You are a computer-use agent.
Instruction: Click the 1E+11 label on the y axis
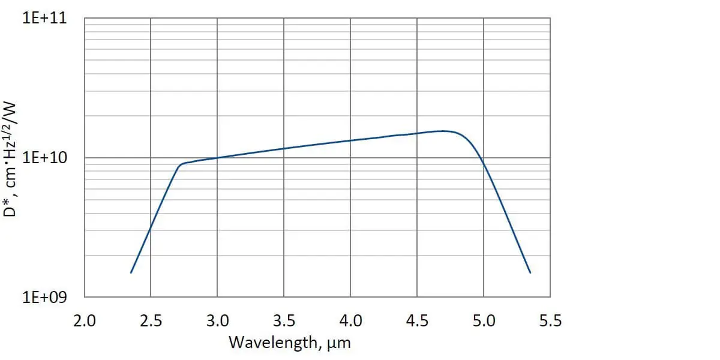click(x=45, y=18)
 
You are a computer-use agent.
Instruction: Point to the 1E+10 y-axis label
click(x=45, y=158)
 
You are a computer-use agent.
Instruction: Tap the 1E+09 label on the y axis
click(x=45, y=298)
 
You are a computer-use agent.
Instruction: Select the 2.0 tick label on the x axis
click(x=84, y=321)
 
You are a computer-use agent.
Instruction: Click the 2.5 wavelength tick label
click(x=151, y=321)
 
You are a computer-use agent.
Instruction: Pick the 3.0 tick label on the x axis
click(x=217, y=321)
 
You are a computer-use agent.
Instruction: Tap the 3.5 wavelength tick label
click(x=284, y=321)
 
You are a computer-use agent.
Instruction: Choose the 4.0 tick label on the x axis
click(x=350, y=321)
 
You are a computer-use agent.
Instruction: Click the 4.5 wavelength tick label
click(x=417, y=321)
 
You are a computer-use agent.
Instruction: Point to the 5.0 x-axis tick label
click(x=484, y=321)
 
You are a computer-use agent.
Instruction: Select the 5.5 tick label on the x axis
click(x=550, y=321)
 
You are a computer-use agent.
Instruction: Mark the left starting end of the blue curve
click(x=131, y=273)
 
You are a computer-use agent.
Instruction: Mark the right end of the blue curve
click(x=530, y=273)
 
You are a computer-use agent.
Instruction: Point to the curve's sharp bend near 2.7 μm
click(x=180, y=164)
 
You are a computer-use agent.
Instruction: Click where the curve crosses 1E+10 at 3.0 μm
click(x=217, y=158)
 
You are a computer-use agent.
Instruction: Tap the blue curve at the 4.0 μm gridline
click(x=350, y=140)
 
